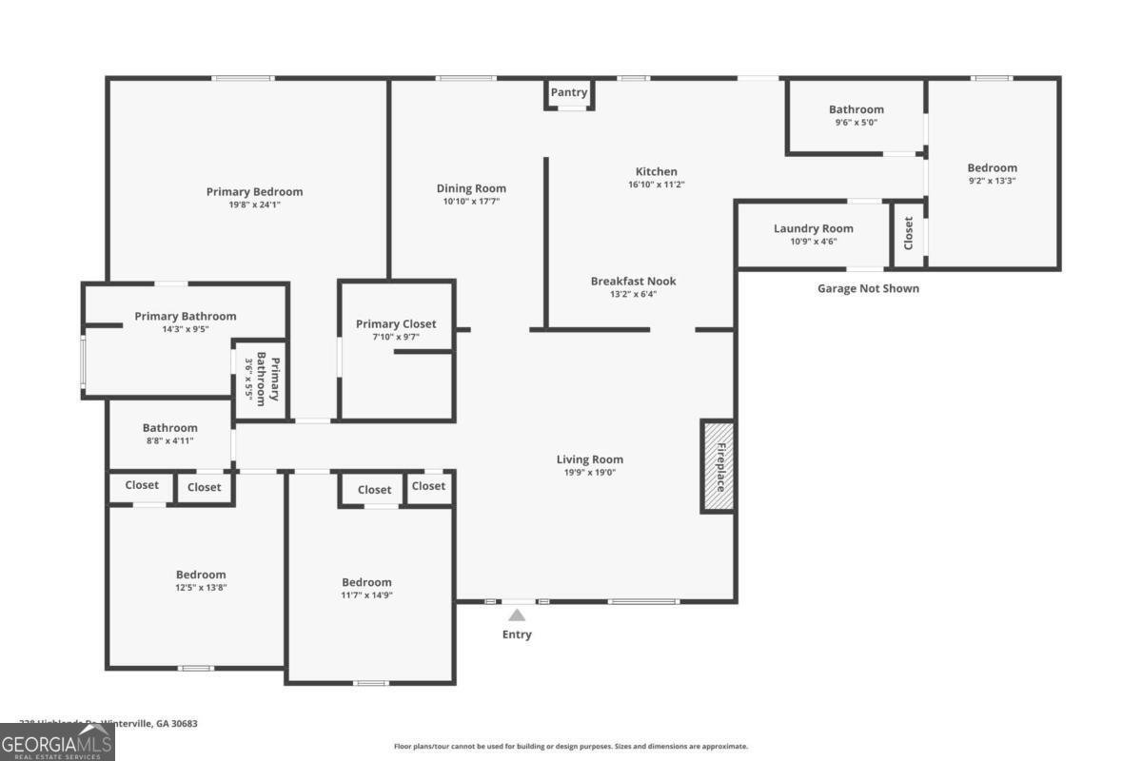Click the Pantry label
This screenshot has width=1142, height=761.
pos(569,92)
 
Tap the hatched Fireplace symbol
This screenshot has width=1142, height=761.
pos(718,466)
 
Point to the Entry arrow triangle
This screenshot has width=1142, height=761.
pos(517,615)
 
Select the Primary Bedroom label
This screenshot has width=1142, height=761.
pos(254,192)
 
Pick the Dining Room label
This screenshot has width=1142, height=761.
pos(471,188)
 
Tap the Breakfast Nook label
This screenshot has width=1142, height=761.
pos(633,281)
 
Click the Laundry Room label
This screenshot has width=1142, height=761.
pos(813,228)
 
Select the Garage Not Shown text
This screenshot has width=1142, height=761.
pos(868,288)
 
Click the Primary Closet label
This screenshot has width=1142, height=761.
pos(396,324)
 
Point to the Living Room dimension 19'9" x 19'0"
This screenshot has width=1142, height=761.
pos(590,472)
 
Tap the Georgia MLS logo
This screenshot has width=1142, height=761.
pos(57,742)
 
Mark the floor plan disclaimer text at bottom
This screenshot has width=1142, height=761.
pos(571,747)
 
